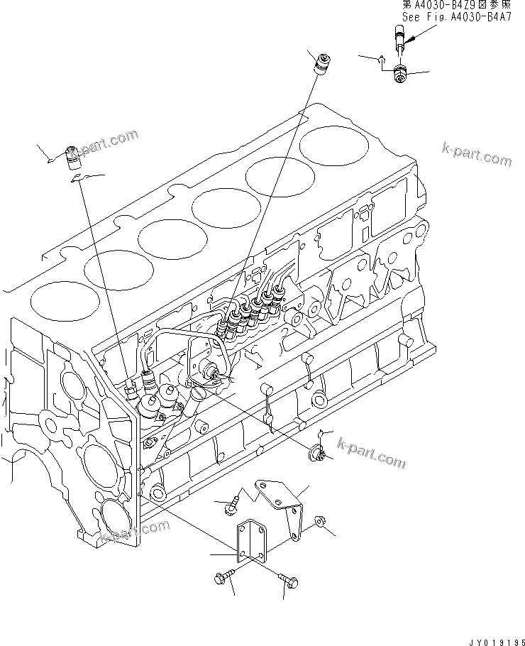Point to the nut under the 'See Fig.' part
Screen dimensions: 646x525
pos(400,72)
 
